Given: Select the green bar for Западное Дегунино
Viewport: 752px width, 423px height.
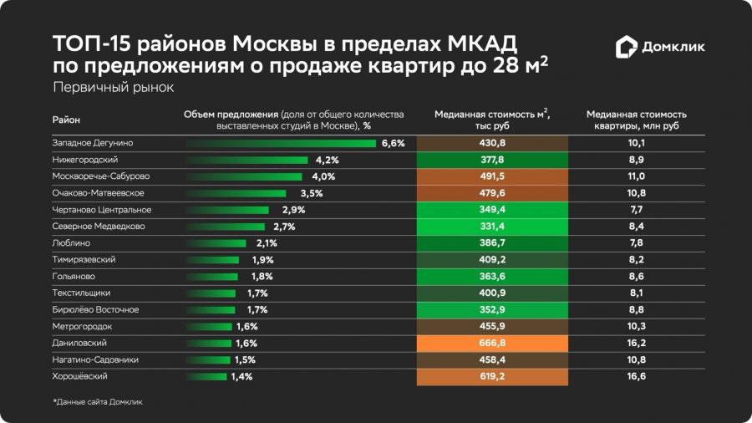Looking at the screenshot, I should (x=284, y=143).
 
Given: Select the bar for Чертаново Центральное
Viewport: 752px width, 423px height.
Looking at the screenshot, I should (x=230, y=210).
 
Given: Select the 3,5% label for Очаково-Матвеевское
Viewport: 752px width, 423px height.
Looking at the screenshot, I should (x=311, y=193).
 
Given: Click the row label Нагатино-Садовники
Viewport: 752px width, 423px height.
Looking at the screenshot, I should (x=95, y=360).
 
